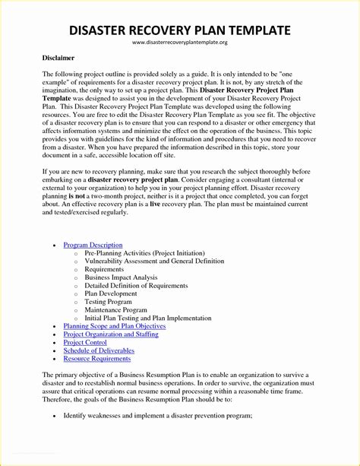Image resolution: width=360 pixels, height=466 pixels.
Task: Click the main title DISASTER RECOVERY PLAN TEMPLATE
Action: pos(179,30)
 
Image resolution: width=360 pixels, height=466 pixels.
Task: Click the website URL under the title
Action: pos(179,43)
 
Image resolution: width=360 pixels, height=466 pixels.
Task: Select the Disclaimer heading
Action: pos(58,58)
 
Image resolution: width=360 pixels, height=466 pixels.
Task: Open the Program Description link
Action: pos(93,245)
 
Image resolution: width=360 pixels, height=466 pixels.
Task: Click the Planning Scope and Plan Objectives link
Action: pos(115,325)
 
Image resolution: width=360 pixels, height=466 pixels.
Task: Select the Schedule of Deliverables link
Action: pos(99,350)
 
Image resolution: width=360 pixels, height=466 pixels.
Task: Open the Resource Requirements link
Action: pos(97,358)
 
